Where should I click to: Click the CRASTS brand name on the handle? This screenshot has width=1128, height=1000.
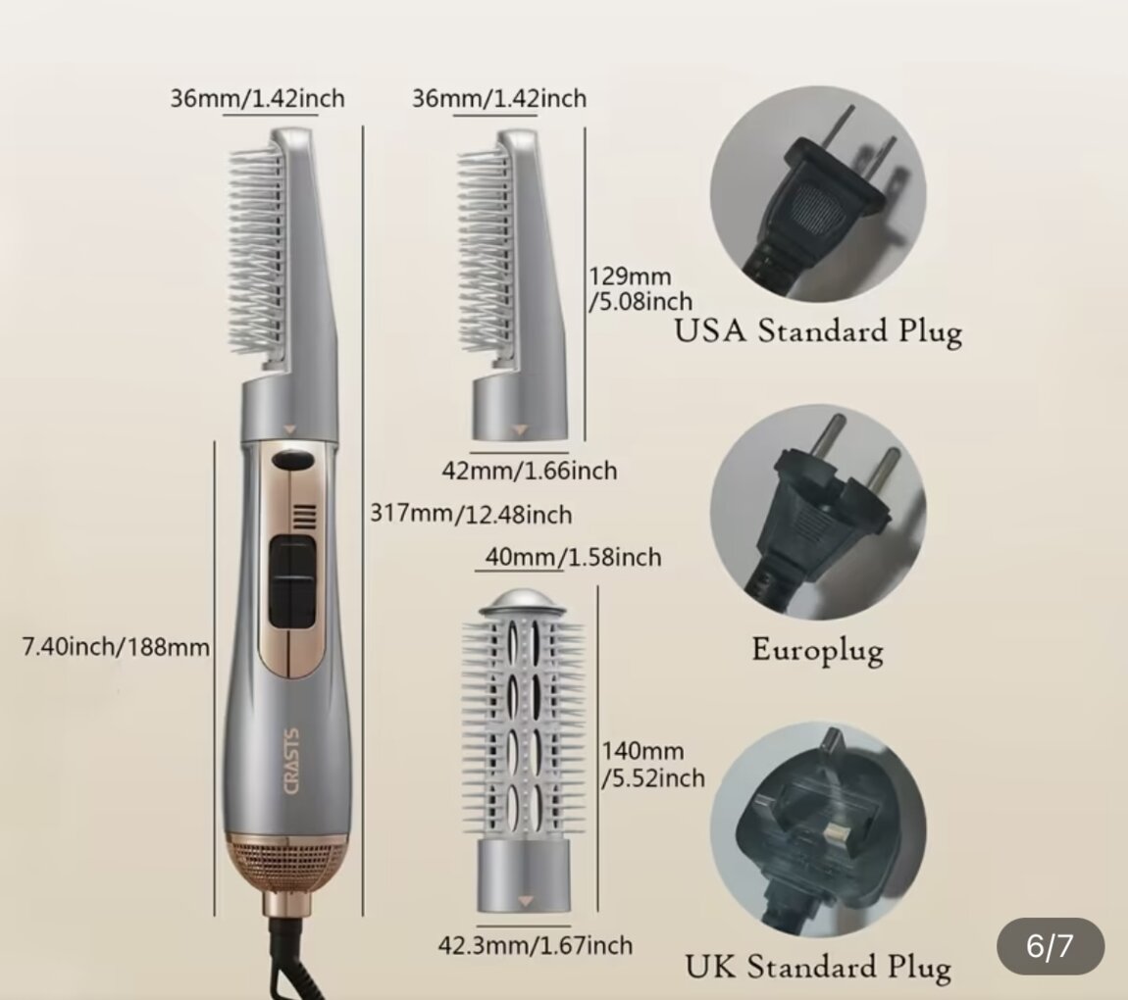click(292, 762)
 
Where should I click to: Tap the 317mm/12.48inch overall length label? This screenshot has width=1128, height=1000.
click(471, 515)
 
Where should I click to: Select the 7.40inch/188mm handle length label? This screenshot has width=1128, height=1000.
click(116, 647)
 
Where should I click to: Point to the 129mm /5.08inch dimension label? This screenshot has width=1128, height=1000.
click(641, 288)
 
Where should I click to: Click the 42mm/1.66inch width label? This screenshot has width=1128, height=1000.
click(530, 471)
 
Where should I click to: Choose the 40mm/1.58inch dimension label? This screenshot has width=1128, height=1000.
click(574, 557)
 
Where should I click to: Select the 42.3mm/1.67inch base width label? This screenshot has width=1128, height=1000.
click(536, 945)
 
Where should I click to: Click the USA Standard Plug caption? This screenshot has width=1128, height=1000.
click(818, 332)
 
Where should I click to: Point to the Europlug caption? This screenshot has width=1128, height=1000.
click(818, 651)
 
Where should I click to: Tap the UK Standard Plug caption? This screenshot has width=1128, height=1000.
click(818, 967)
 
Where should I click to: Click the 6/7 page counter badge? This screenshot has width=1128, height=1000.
click(1051, 946)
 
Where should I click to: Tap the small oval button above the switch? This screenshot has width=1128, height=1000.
click(293, 460)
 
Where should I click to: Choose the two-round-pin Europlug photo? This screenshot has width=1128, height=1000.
click(818, 512)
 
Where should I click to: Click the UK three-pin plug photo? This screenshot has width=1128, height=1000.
click(818, 830)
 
